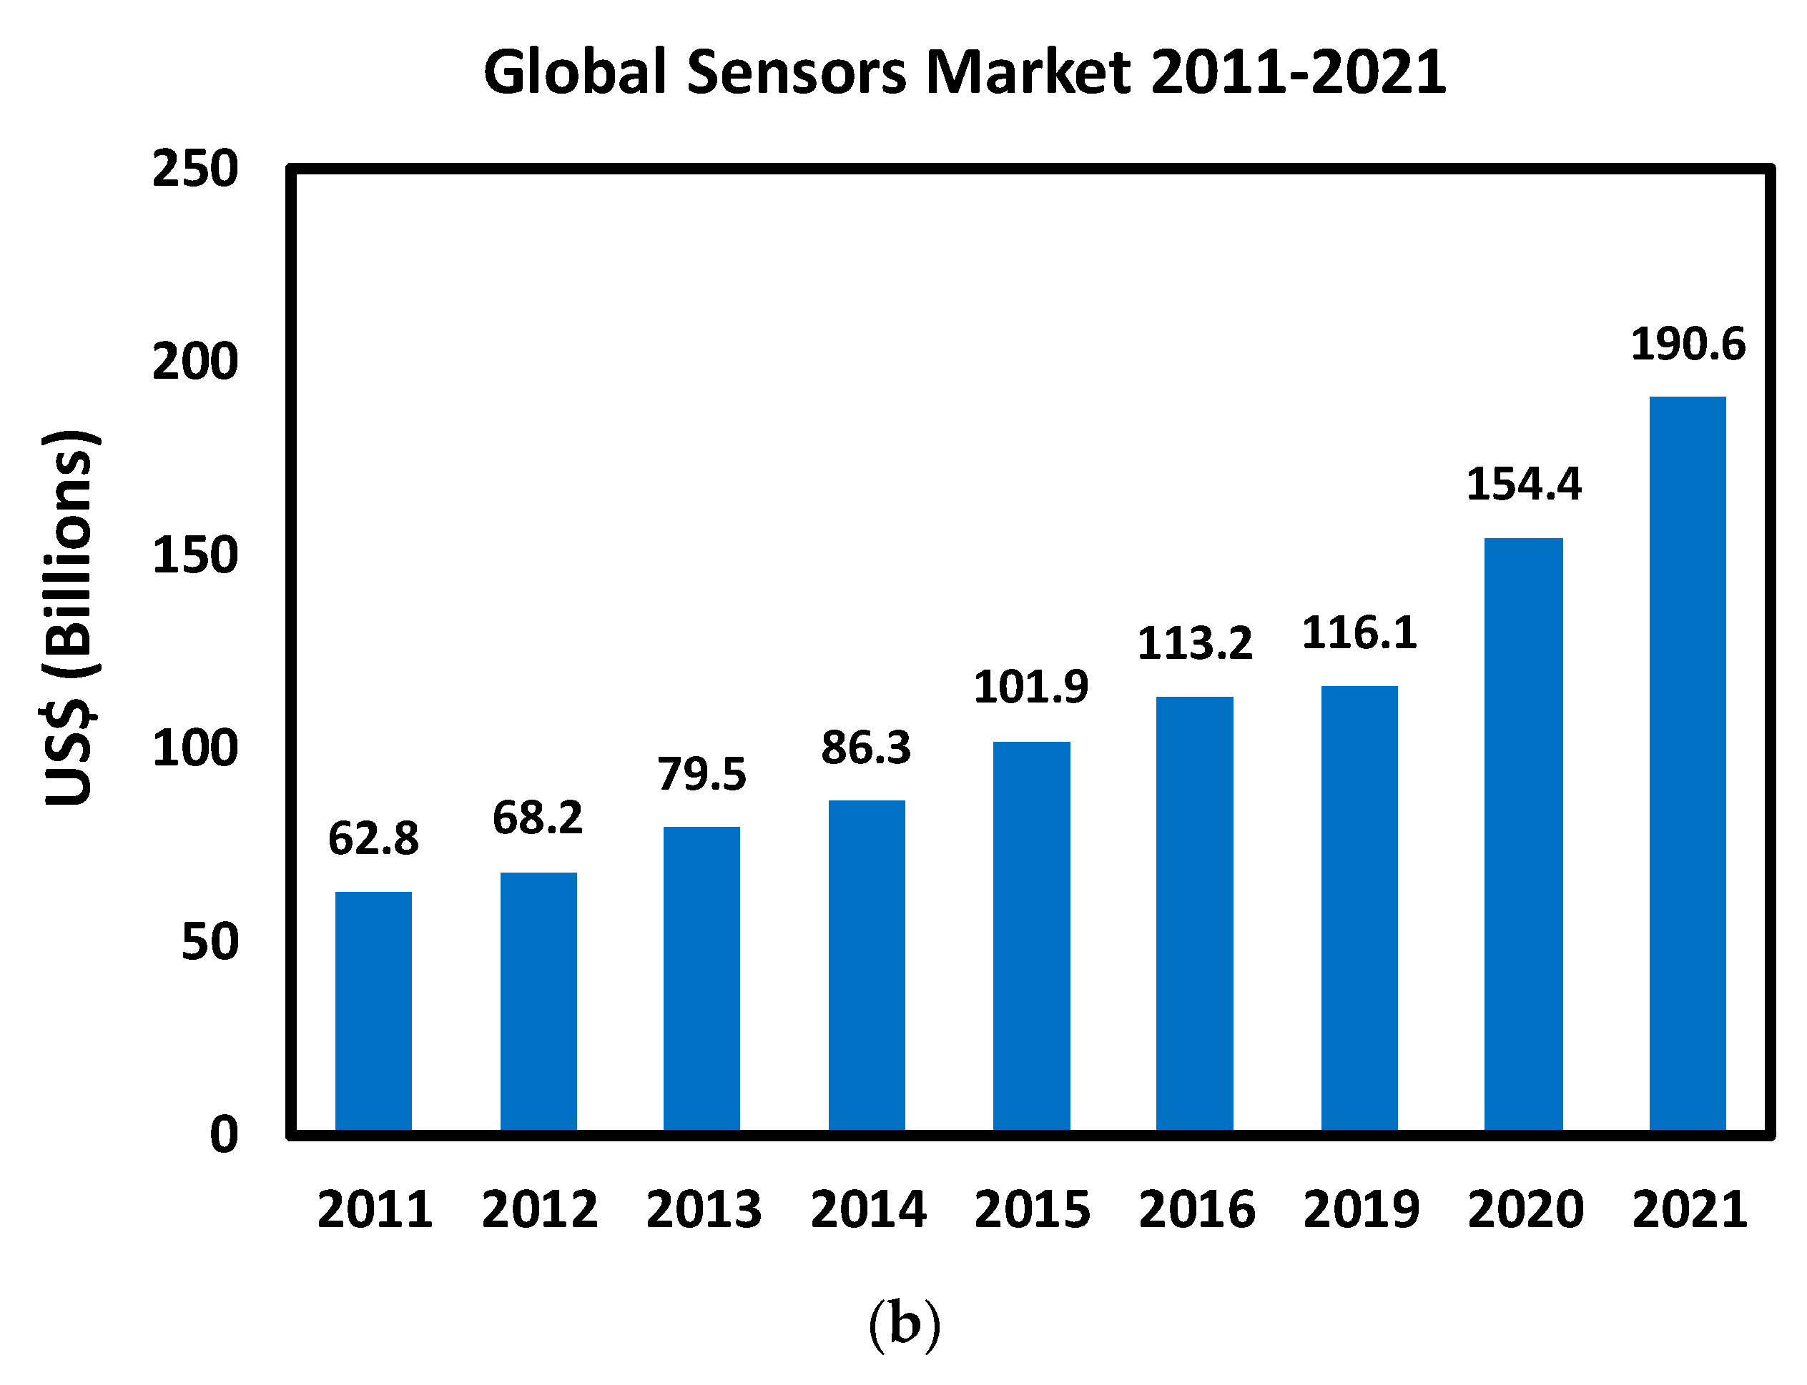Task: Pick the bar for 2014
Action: click(x=867, y=965)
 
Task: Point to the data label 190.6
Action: click(x=1688, y=344)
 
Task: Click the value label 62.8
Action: click(x=373, y=838)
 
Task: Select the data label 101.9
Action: click(x=1030, y=687)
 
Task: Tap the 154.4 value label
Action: click(x=1523, y=484)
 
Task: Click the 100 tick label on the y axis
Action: click(x=195, y=748)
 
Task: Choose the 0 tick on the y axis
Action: click(x=224, y=1134)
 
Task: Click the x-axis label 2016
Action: click(x=1196, y=1209)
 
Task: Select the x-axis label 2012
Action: click(x=539, y=1209)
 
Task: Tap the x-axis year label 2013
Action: click(x=704, y=1209)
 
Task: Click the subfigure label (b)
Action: click(x=904, y=1324)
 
